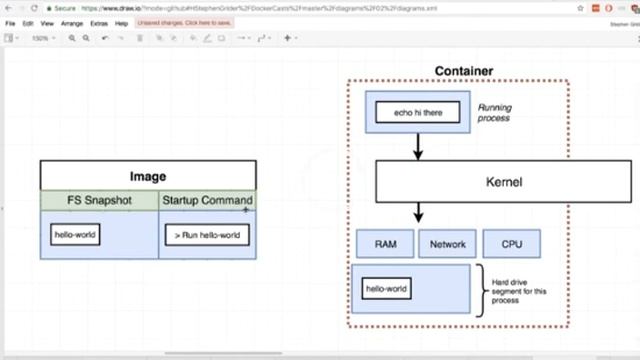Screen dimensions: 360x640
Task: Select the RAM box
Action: coord(386,243)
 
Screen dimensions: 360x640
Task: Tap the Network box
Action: coord(447,243)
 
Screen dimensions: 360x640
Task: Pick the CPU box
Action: coord(511,243)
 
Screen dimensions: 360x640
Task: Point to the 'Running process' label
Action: coord(493,112)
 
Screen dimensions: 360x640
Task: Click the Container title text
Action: coord(463,71)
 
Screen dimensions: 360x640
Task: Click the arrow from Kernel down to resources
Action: coord(418,212)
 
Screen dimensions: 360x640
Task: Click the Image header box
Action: coord(148,176)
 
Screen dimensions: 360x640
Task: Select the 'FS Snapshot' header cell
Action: coord(99,201)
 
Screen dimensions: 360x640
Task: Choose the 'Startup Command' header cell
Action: coord(207,201)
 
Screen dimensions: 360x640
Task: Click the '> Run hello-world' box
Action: coord(207,236)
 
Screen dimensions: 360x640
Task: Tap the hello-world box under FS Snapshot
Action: coord(76,236)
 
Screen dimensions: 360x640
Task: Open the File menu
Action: coord(11,22)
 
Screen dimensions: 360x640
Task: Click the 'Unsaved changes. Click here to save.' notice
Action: coord(186,22)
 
